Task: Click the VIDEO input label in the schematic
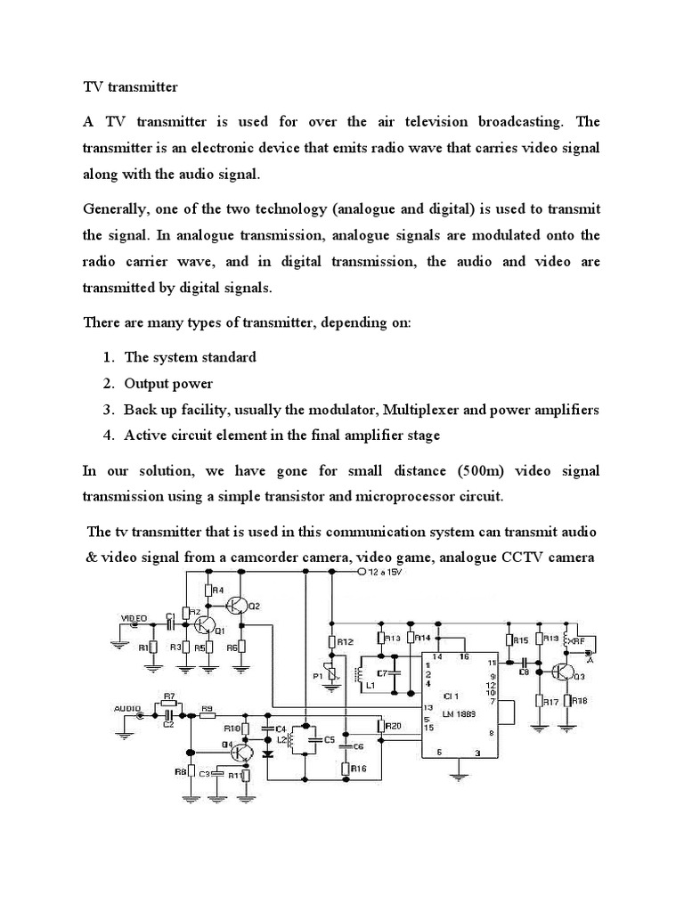pos(134,616)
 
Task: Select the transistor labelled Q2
pos(239,606)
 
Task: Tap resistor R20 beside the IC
pos(383,726)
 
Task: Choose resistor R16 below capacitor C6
pos(346,767)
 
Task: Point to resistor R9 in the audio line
pos(208,711)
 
